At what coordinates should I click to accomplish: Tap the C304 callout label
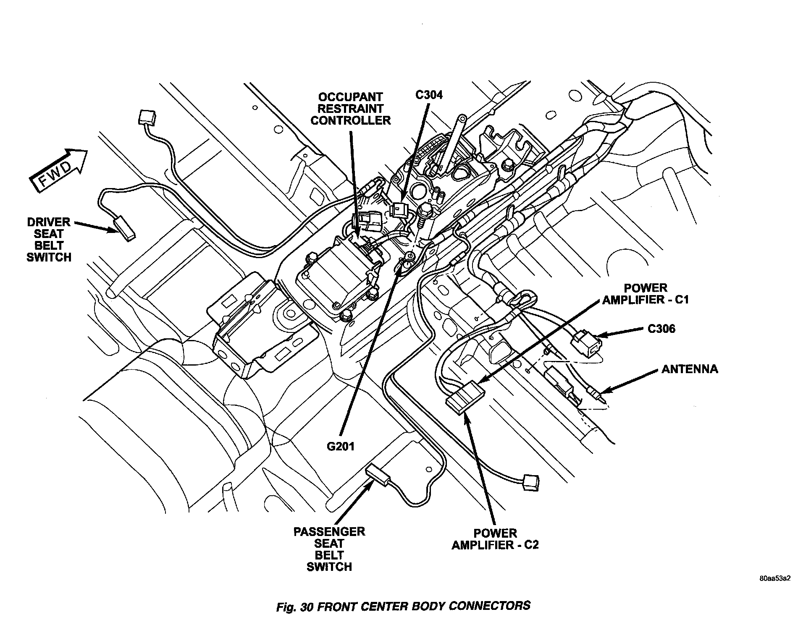pos(429,95)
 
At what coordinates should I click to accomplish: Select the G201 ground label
pos(341,446)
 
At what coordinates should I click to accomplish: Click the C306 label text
pos(661,329)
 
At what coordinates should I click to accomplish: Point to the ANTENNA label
pos(690,369)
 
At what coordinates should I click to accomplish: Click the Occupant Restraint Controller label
pos(350,109)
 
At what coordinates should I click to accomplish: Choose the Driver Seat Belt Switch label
pos(49,240)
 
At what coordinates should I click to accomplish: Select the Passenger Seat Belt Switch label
pos(329,549)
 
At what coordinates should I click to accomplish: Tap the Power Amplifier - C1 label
pos(646,294)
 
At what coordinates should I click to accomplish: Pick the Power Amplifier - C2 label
pos(495,539)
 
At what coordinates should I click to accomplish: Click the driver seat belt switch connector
pos(125,227)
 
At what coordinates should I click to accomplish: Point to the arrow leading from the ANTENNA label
pos(630,382)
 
